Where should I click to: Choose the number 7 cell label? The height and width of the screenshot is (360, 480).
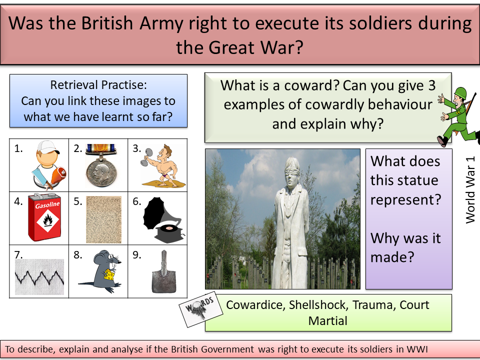[x=19, y=254]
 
